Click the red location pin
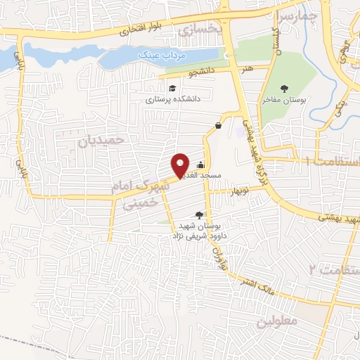[181, 164]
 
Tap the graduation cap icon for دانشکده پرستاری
[172, 89]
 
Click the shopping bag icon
[219, 126]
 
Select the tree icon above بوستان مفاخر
[284, 89]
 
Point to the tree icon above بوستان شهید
[201, 216]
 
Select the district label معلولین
[278, 320]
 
